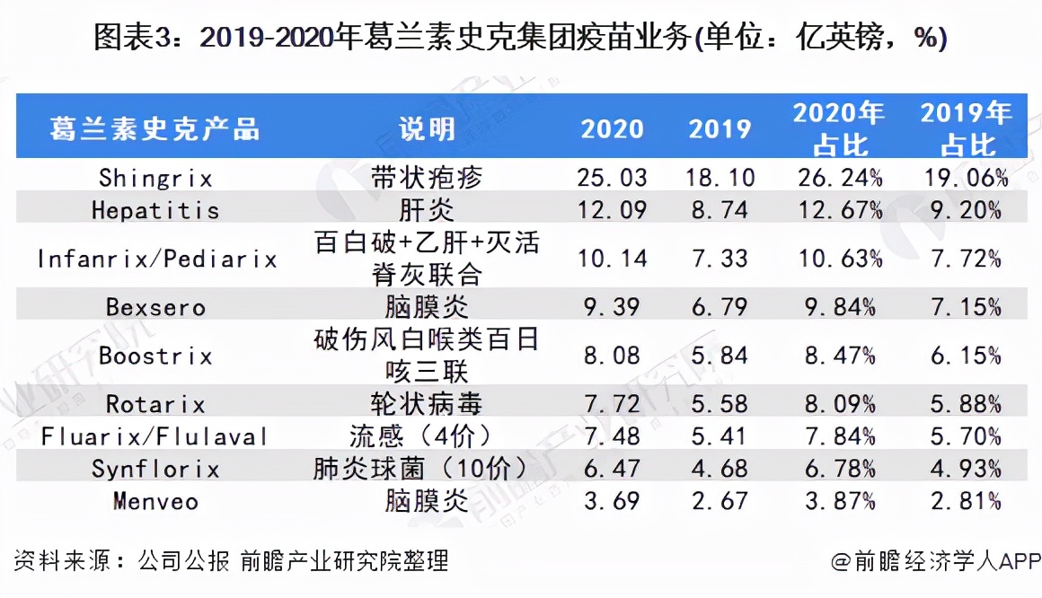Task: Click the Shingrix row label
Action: (x=155, y=177)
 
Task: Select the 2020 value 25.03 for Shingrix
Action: (x=612, y=177)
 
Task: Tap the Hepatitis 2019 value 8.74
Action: (x=720, y=210)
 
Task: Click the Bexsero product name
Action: (x=155, y=307)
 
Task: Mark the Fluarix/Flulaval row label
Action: (x=155, y=437)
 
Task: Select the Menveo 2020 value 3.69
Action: (x=612, y=501)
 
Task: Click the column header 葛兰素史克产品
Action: (x=155, y=128)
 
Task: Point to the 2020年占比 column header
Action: (x=839, y=128)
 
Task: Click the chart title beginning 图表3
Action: (x=520, y=38)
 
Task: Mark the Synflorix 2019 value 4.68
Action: (x=720, y=469)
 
